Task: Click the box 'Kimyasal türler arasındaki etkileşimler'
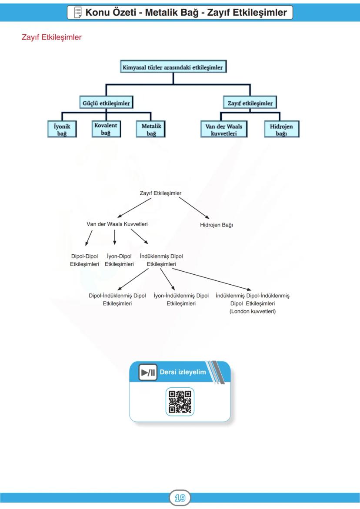tap(173, 67)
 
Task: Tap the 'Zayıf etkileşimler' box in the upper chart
tap(250, 103)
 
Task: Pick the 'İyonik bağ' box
tap(62, 129)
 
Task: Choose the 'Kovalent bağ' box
tap(106, 129)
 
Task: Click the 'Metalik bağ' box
tap(151, 129)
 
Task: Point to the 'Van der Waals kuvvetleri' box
tap(223, 129)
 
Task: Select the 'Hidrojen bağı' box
tap(281, 129)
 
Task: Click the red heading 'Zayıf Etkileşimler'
tap(52, 37)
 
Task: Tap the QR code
tap(180, 402)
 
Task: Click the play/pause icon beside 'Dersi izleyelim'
tap(147, 373)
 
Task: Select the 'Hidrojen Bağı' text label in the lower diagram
tap(217, 225)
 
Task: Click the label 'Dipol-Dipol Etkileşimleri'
tap(84, 260)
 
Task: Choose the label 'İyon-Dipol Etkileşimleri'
tap(119, 260)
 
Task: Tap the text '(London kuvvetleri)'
tap(252, 311)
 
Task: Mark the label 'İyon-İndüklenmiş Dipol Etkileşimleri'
tap(181, 299)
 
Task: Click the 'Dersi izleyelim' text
tap(183, 373)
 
